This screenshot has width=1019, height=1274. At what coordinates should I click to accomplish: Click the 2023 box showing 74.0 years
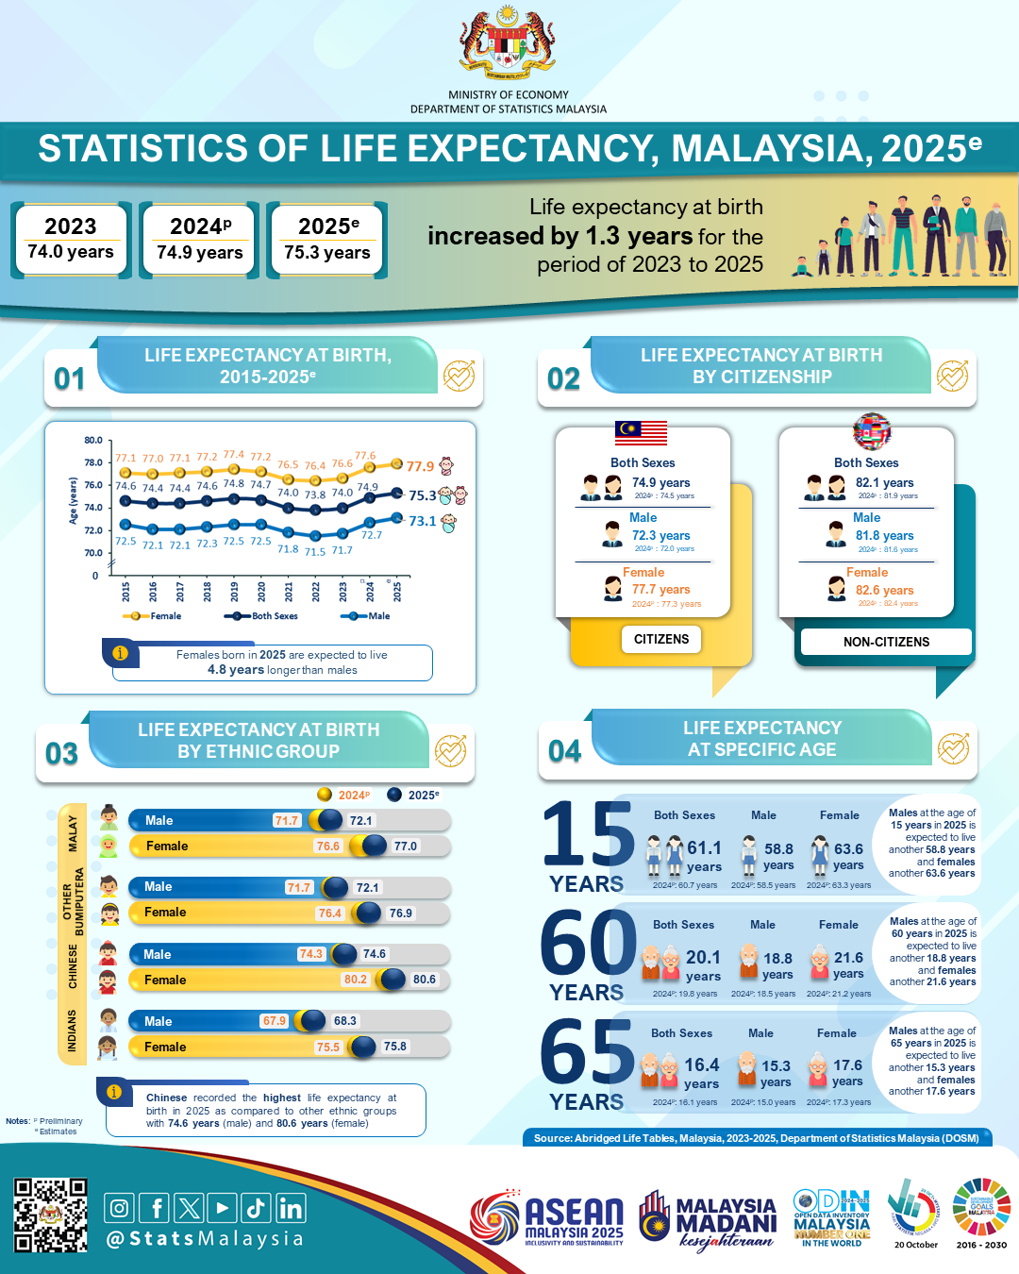point(71,240)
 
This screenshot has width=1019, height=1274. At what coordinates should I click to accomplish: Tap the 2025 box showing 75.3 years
point(327,240)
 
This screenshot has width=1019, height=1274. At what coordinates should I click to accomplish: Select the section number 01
point(69,378)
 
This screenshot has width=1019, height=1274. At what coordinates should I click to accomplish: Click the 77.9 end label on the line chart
point(420,466)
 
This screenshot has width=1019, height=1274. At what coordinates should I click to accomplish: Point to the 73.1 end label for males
point(422,521)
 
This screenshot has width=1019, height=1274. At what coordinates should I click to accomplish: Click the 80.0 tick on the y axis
point(93,441)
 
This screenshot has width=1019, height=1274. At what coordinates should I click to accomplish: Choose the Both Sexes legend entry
point(262,616)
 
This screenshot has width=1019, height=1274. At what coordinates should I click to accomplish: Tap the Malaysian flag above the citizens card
point(641,432)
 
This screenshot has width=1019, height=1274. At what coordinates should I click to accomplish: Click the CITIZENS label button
point(661,639)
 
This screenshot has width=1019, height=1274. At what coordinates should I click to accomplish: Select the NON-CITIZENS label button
point(886,642)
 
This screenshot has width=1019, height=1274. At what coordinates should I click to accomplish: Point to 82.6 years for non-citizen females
point(884,590)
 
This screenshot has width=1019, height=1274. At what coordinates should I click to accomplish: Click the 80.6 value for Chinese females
point(425,980)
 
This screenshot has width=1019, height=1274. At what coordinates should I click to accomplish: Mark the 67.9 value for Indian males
point(275,1021)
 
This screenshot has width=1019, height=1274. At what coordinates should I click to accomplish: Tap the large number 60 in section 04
point(589,944)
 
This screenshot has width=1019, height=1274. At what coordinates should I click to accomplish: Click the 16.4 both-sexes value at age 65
point(702,1064)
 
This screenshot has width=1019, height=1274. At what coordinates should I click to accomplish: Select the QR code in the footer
point(50,1215)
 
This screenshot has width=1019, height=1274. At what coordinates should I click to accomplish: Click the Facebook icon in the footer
point(155,1208)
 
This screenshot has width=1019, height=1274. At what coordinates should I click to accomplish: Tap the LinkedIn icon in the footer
point(291,1208)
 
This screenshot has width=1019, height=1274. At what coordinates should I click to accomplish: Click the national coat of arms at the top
point(508,42)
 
